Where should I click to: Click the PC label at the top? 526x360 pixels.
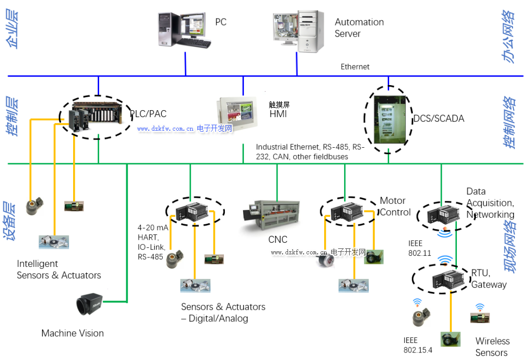pyautogui.click(x=221, y=22)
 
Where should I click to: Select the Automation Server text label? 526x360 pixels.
pyautogui.click(x=359, y=28)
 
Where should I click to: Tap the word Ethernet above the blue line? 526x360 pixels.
pyautogui.click(x=355, y=67)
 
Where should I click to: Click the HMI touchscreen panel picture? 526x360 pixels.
pyautogui.click(x=240, y=112)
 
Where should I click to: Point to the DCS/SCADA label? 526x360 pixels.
pyautogui.click(x=438, y=119)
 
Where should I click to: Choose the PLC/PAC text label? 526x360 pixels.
pyautogui.click(x=148, y=114)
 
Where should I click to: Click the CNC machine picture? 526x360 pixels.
pyautogui.click(x=271, y=216)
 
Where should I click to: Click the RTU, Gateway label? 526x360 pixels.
pyautogui.click(x=489, y=279)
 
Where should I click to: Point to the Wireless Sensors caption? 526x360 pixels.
pyautogui.click(x=492, y=346)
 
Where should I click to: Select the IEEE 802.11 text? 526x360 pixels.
pyautogui.click(x=419, y=249)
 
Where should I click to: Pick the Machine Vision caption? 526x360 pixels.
pyautogui.click(x=73, y=333)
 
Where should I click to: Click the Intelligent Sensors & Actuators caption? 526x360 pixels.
pyautogui.click(x=59, y=269)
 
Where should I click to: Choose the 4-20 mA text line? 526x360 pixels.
pyautogui.click(x=153, y=227)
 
